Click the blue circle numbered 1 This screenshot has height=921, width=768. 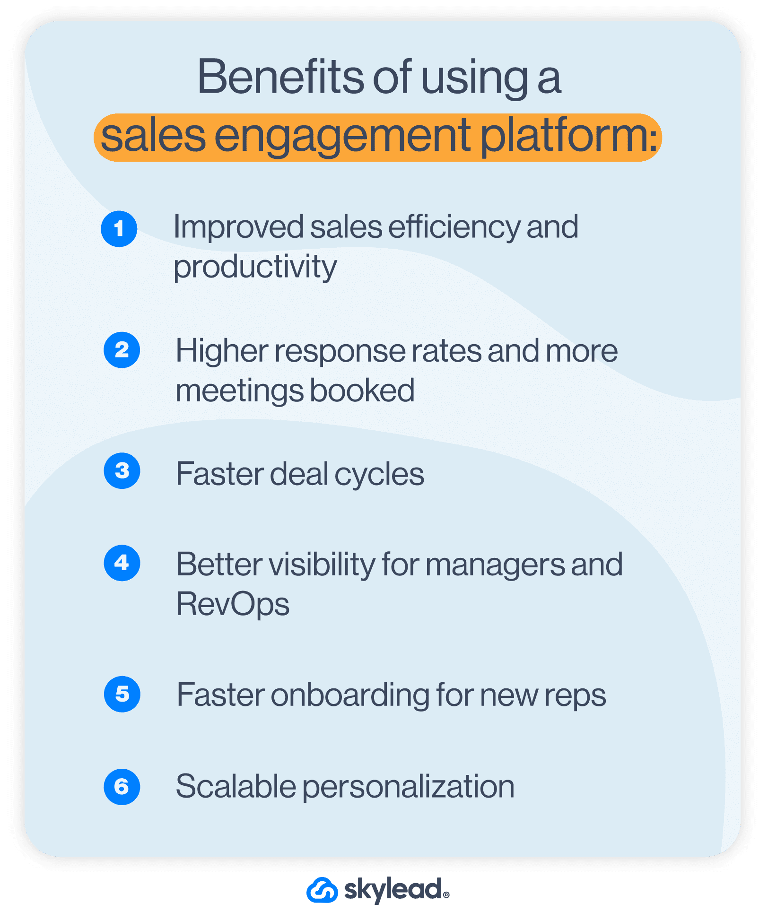119,229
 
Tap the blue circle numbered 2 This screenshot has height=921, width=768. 122,350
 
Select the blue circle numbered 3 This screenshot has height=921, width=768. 122,471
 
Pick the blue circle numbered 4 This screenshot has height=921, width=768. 122,563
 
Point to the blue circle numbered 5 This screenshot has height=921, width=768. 122,694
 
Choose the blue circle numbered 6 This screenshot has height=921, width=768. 122,787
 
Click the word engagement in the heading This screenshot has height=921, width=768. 343,137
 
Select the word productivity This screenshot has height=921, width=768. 255,267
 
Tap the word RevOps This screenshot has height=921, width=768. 233,604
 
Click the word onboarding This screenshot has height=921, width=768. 349,695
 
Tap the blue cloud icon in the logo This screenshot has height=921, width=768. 322,890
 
